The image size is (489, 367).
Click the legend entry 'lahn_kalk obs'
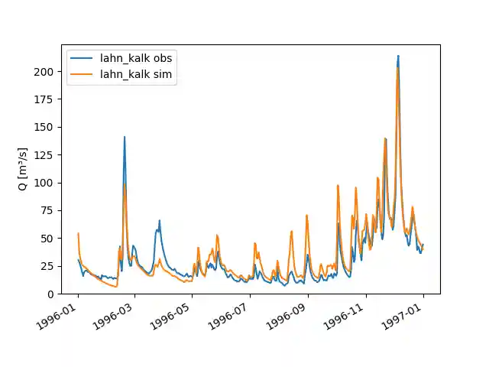pyautogui.click(x=136, y=59)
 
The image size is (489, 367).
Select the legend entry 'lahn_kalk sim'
pyautogui.click(x=136, y=74)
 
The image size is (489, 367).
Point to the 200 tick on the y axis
pyautogui.click(x=44, y=71)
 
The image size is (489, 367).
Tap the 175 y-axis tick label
pyautogui.click(x=44, y=99)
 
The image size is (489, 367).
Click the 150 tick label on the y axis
pyautogui.click(x=44, y=127)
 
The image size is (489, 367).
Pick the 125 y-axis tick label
pyautogui.click(x=44, y=155)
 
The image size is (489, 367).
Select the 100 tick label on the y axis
pyautogui.click(x=44, y=183)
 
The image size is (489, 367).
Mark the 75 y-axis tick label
pyautogui.click(x=47, y=210)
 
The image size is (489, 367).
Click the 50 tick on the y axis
pyautogui.click(x=47, y=239)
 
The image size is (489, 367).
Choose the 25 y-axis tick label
pyautogui.click(x=47, y=266)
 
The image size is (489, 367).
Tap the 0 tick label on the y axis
pyautogui.click(x=50, y=294)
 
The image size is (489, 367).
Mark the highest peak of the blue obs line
pyautogui.click(x=398, y=56)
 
